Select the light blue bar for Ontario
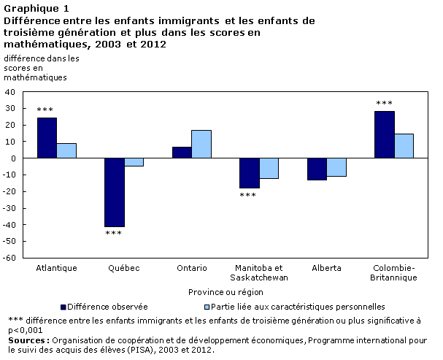click(201, 144)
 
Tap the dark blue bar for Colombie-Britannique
click(385, 134)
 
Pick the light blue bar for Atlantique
click(66, 150)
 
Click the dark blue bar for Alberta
click(317, 169)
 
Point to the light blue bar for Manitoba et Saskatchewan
click(269, 168)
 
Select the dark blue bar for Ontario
click(182, 153)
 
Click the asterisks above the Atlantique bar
click(46, 110)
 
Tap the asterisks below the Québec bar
click(114, 234)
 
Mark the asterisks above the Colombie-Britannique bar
click(385, 104)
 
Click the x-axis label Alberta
click(326, 268)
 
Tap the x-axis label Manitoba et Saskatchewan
click(259, 272)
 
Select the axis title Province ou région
click(226, 291)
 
